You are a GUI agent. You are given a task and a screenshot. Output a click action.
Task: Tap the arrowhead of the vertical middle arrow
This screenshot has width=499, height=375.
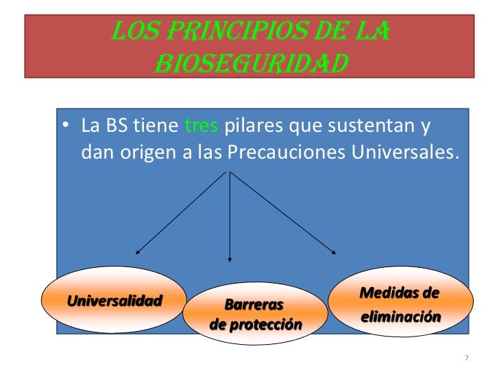(x=229, y=259)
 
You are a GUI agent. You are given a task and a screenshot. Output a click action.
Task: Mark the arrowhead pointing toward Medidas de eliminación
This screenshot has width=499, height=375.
(x=334, y=253)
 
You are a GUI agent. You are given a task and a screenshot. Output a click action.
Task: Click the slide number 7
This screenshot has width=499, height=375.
(x=466, y=358)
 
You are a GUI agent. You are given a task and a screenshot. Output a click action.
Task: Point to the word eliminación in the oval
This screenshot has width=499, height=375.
(x=400, y=319)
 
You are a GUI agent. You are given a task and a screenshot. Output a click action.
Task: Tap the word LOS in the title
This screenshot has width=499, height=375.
(x=134, y=31)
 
